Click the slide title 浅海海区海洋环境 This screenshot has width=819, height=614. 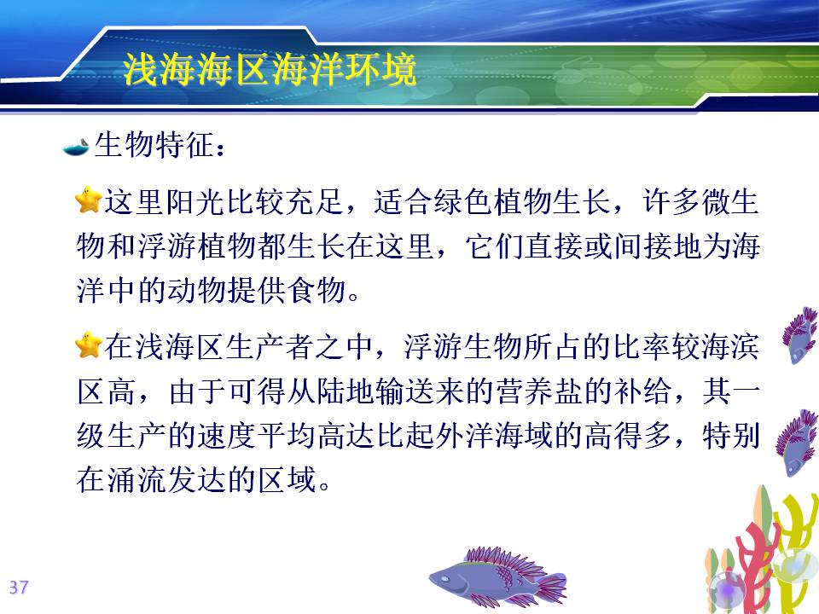coord(270,69)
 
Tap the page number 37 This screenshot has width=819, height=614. coord(19,588)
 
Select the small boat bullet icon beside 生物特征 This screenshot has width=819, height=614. coord(76,148)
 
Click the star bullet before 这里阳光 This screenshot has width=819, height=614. coord(88,200)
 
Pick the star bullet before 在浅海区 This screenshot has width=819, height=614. coord(88,345)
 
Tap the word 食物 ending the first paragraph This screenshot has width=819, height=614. coord(318,290)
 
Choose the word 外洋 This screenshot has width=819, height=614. coord(465,435)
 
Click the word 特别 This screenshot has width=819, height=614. coord(731,435)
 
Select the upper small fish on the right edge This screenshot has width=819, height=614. coord(800,335)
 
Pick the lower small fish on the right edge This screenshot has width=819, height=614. coord(796,443)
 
